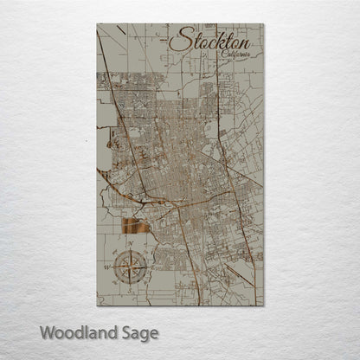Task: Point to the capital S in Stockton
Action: (177, 40)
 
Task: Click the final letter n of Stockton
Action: (244, 42)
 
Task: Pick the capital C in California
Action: (223, 54)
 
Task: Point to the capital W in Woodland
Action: (48, 331)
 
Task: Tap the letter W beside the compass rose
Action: (114, 268)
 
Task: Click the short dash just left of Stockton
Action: (164, 40)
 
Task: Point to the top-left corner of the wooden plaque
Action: (97, 24)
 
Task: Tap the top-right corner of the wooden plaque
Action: (263, 24)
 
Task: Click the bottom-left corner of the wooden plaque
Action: (97, 306)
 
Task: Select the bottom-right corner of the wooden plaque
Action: (263, 306)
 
